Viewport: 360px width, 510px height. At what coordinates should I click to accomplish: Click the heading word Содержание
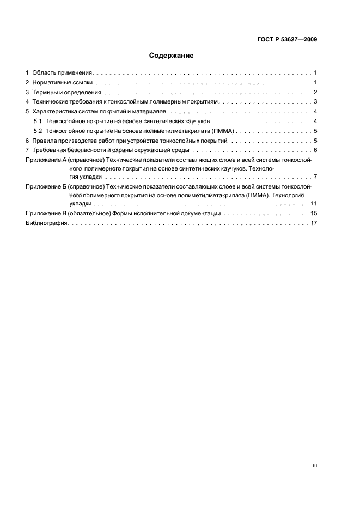[x=171, y=56]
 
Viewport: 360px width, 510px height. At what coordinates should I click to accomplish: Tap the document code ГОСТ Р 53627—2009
[x=287, y=39]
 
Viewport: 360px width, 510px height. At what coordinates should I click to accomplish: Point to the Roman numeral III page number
[x=315, y=466]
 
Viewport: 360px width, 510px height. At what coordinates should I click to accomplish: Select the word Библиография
[x=46, y=223]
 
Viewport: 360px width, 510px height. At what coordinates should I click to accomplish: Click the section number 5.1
[x=38, y=121]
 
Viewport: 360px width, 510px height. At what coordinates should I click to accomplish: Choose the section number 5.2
[x=38, y=131]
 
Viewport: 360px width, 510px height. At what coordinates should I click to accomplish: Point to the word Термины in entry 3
[x=44, y=92]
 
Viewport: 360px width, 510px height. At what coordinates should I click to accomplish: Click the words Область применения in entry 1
[x=63, y=72]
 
